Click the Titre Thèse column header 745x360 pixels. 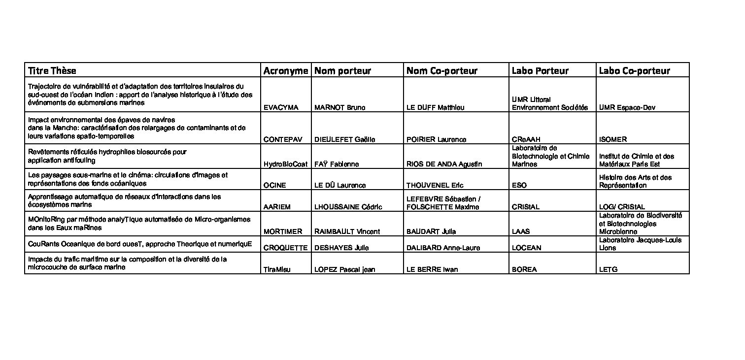point(52,71)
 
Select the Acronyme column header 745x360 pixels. point(286,71)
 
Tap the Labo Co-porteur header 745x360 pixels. point(635,71)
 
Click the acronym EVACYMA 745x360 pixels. point(281,108)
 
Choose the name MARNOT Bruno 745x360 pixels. point(339,108)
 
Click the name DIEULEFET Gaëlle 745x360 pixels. point(345,140)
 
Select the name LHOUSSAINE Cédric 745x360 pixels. point(348,207)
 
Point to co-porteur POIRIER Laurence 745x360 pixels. point(436,140)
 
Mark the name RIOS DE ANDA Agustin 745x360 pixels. point(444,164)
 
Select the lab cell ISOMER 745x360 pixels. point(613,140)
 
